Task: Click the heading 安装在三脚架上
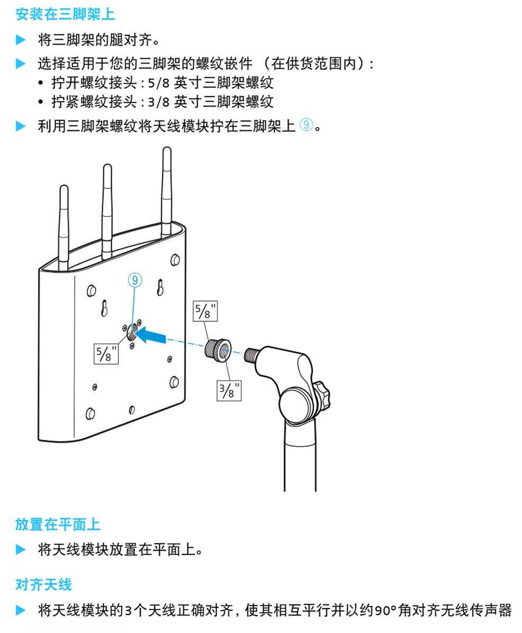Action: click(65, 14)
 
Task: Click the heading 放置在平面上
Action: click(58, 525)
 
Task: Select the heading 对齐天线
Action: click(43, 584)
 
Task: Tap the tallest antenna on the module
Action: click(166, 192)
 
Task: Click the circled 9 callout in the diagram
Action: click(135, 280)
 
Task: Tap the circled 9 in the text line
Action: click(306, 125)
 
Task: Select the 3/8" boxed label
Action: click(229, 391)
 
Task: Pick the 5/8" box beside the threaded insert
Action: click(205, 311)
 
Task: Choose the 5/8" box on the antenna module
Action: click(106, 354)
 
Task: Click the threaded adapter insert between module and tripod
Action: click(218, 350)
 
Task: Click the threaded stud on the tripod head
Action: click(251, 355)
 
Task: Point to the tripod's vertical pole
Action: click(300, 456)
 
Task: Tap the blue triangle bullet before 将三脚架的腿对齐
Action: click(21, 40)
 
